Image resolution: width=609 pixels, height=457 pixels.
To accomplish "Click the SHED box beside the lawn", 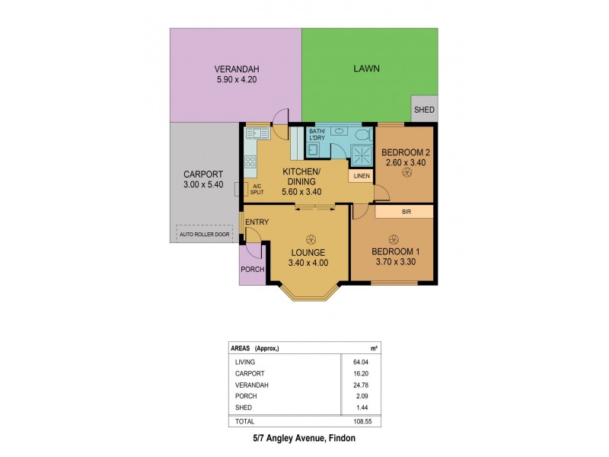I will (x=424, y=110).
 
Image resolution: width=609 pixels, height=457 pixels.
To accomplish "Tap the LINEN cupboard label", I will (x=361, y=176).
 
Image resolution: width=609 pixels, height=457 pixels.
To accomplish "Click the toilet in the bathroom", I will (x=363, y=136).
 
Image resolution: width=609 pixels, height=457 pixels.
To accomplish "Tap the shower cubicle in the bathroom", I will (x=358, y=155).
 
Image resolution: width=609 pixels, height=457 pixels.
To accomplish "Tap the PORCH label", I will (x=251, y=270).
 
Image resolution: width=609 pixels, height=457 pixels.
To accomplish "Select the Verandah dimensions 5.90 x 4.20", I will (x=236, y=78).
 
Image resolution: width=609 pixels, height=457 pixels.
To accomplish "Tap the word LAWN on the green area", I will (x=366, y=69).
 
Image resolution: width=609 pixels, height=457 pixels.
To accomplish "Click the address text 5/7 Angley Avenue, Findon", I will (x=304, y=440).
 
